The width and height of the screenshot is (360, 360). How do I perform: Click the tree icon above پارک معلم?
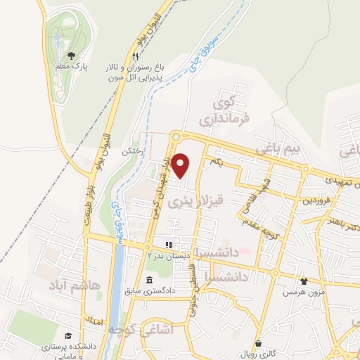coord(71,53)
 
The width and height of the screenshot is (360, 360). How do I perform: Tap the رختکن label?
coord(133,151)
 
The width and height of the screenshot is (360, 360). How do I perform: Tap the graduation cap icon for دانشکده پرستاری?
coord(68,336)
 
